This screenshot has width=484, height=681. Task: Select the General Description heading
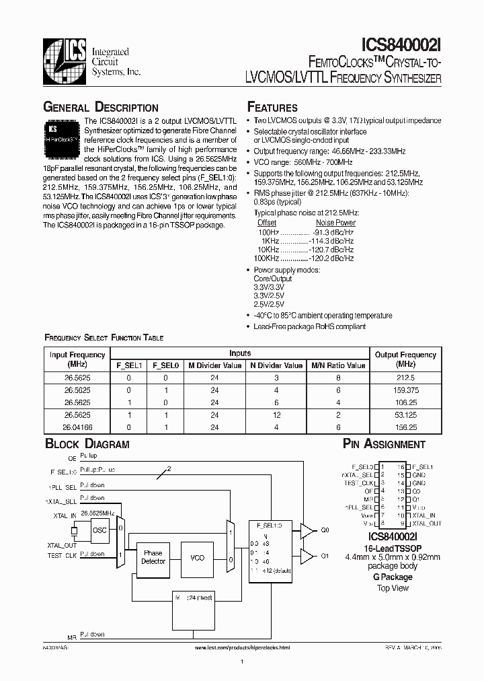tap(101, 108)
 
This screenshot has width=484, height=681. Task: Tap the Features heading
tap(272, 108)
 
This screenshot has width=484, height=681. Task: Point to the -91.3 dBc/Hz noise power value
tap(334, 231)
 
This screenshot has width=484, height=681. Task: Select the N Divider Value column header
tap(276, 365)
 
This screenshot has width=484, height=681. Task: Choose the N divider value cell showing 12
tap(276, 415)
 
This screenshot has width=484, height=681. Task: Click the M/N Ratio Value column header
tap(338, 365)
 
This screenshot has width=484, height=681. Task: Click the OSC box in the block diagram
tap(99, 530)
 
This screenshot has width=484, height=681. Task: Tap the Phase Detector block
tap(153, 558)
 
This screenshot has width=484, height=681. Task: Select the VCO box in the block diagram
tap(197, 558)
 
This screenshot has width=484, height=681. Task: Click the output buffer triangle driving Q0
tap(307, 530)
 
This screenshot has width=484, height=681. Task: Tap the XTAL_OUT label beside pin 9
tap(426, 523)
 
